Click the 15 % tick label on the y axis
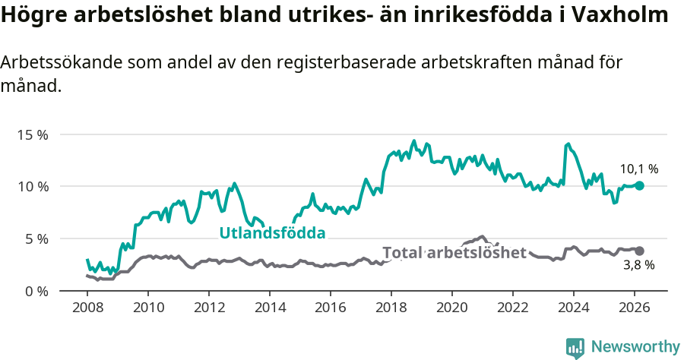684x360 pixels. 33,134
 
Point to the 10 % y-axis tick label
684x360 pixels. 33,187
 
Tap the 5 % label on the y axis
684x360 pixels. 36,238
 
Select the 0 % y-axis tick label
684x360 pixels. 36,291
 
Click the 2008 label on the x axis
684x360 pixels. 87,308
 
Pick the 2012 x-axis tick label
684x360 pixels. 209,308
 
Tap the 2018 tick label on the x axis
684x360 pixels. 391,308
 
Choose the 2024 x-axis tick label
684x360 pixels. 573,308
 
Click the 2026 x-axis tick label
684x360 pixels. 634,308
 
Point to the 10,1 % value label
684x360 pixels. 639,169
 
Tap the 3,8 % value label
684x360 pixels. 639,265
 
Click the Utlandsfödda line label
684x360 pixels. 272,233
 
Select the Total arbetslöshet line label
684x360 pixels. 454,253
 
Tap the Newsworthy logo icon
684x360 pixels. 575,348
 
